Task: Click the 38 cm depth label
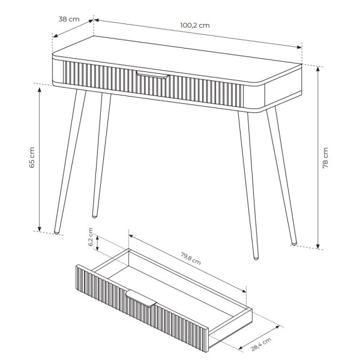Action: click(69, 19)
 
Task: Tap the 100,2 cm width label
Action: click(194, 25)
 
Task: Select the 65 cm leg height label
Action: click(32, 157)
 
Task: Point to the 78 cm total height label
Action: click(325, 158)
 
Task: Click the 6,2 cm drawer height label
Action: click(91, 237)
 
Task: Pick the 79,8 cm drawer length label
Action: click(191, 259)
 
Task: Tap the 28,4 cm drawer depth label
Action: click(261, 344)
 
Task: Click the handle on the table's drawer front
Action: click(152, 74)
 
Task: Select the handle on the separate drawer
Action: click(141, 298)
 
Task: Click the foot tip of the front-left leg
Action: click(56, 233)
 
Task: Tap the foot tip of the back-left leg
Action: click(94, 216)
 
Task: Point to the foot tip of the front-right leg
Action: click(256, 258)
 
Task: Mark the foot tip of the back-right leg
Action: click(294, 243)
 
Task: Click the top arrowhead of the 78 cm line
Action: click(318, 68)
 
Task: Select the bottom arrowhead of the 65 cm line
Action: click(40, 229)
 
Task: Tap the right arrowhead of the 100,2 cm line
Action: click(299, 47)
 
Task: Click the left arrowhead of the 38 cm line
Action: click(56, 35)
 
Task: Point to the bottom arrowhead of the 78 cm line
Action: click(318, 246)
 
